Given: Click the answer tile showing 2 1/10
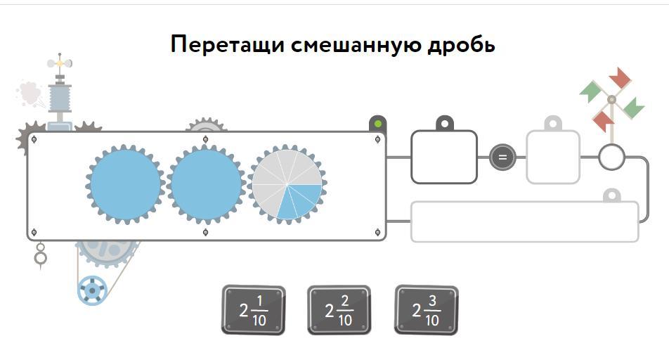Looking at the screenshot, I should (x=253, y=310).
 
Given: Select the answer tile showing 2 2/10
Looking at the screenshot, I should (x=339, y=310).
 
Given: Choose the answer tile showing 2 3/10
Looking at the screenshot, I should (x=427, y=310).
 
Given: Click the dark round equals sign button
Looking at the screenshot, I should (x=502, y=157).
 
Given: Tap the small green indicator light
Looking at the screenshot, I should (x=378, y=124).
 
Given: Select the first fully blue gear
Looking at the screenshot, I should (x=126, y=184).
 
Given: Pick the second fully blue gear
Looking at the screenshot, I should (x=207, y=184).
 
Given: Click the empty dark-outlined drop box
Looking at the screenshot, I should (x=443, y=157).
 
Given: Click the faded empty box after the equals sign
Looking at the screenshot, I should (x=553, y=157).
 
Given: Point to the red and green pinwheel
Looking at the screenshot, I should (x=611, y=99).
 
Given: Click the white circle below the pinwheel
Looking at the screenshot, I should (x=611, y=157).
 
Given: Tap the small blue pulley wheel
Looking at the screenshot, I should (x=91, y=289).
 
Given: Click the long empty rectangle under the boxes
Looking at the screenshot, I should (x=524, y=222).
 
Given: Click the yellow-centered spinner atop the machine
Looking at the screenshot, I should (x=60, y=63).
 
